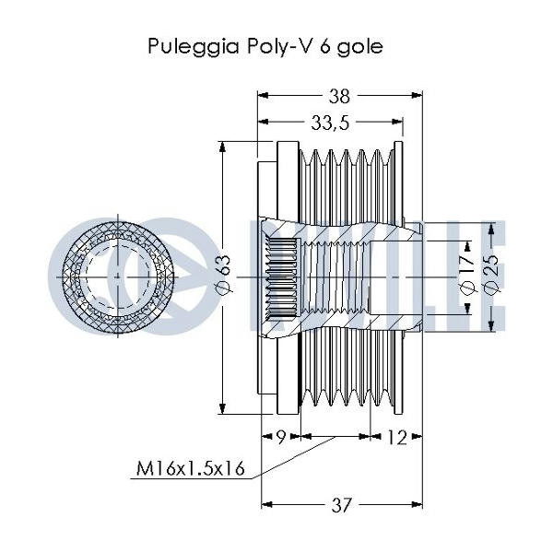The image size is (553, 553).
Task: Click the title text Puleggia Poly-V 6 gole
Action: (x=264, y=46)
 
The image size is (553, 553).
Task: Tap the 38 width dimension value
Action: (x=338, y=94)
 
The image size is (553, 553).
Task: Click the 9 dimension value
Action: (x=280, y=439)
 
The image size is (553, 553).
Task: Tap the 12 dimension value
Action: (x=396, y=439)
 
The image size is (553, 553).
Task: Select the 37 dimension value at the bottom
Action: (x=342, y=504)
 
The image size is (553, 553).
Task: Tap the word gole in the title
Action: (x=359, y=46)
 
